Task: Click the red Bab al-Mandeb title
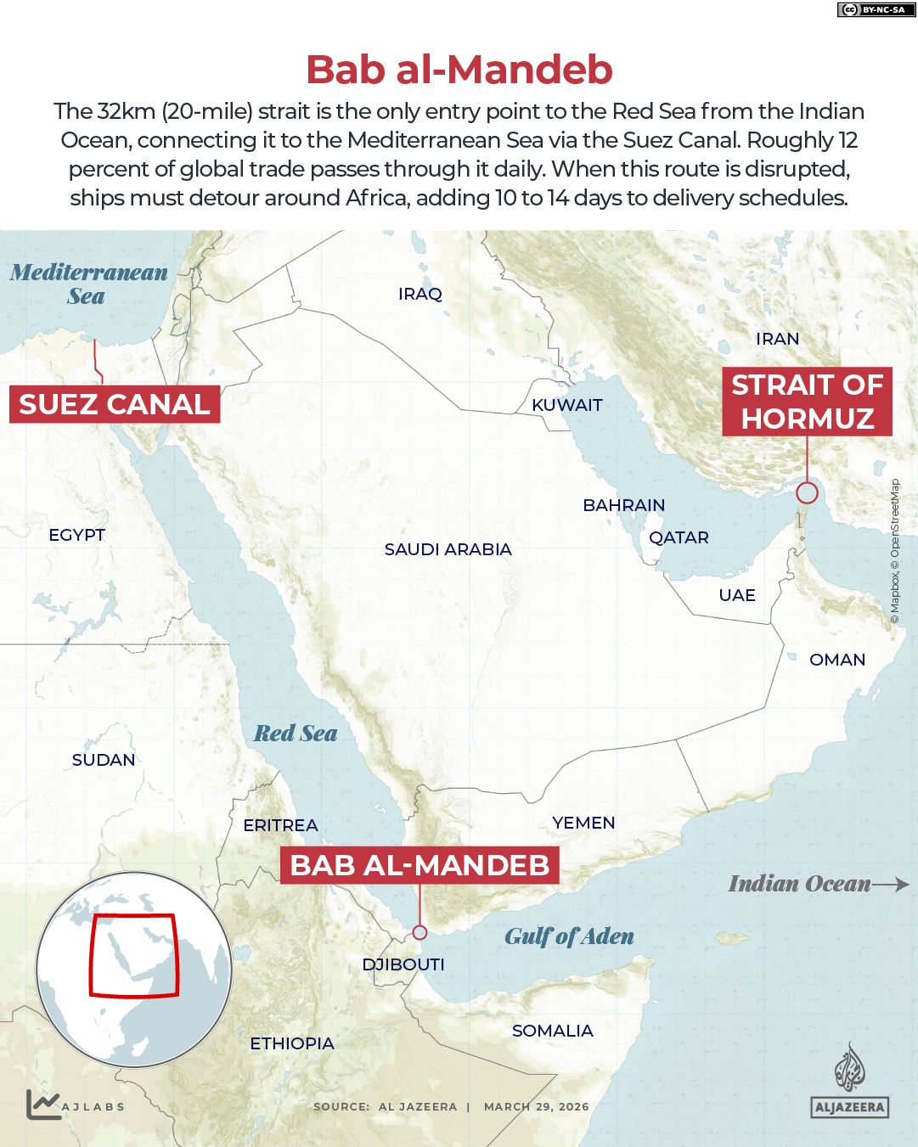(459, 70)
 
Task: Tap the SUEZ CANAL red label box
(115, 404)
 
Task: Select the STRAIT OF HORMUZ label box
(807, 402)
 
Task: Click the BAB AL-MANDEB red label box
(420, 865)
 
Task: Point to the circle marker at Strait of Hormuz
(807, 492)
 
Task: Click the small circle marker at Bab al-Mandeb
(420, 932)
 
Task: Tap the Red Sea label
(296, 734)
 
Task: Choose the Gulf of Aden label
(569, 936)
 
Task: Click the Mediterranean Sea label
(88, 284)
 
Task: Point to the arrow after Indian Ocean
(891, 884)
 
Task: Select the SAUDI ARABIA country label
(448, 549)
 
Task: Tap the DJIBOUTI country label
(403, 964)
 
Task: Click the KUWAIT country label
(566, 405)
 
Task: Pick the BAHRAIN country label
(623, 505)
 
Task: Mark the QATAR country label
(679, 537)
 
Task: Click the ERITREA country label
(280, 825)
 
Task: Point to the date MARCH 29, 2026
(536, 1106)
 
